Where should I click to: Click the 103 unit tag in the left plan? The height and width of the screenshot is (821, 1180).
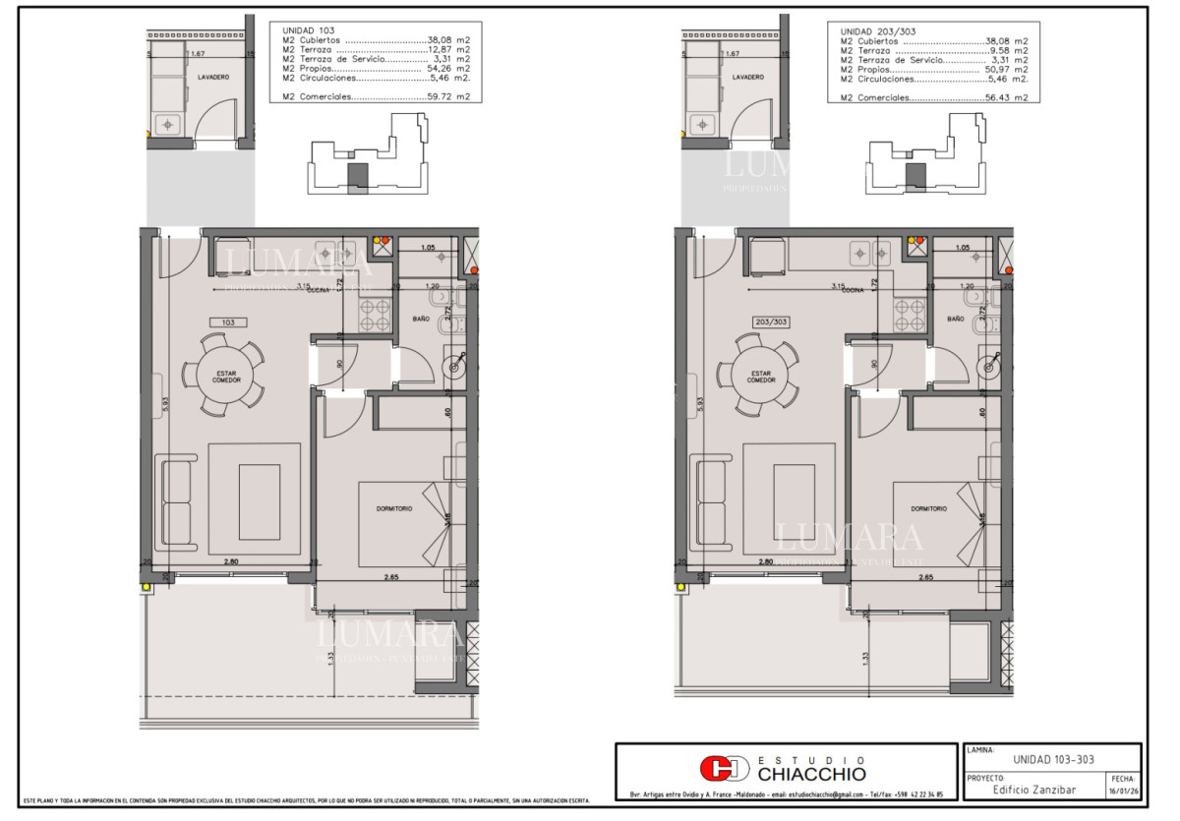[228, 322]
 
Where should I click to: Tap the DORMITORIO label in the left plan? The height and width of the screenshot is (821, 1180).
[394, 508]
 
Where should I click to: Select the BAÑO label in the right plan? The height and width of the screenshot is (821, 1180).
[955, 320]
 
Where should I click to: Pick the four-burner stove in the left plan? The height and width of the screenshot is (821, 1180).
[374, 315]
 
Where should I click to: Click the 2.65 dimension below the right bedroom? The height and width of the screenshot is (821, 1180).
[924, 578]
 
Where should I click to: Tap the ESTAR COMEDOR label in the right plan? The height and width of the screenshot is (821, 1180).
[760, 376]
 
